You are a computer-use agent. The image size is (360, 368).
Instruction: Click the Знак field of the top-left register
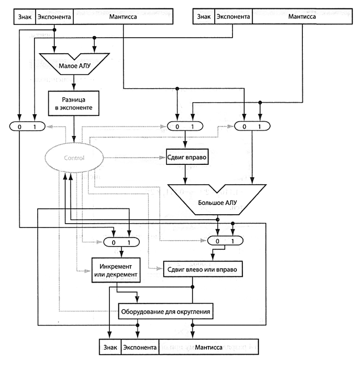coord(24,17)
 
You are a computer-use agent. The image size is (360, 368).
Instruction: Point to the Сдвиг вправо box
coord(186,158)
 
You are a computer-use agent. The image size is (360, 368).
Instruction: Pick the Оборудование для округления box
coord(166,311)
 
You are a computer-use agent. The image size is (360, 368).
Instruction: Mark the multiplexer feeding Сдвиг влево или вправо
coord(224,242)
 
